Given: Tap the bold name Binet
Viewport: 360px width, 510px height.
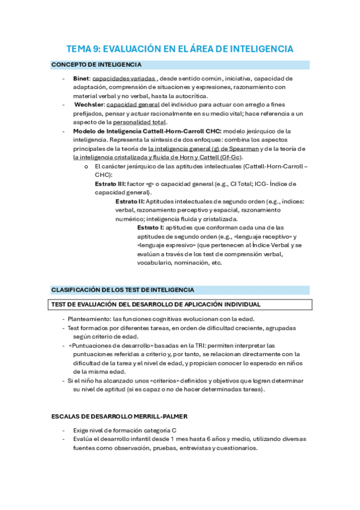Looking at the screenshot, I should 81,79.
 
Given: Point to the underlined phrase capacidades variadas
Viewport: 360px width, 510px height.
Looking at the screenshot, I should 124,79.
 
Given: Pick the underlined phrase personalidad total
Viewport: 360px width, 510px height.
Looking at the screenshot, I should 139,121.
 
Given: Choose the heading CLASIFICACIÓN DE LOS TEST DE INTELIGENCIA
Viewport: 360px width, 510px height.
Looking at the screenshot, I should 122,290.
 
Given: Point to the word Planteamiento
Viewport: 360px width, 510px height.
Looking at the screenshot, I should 89,319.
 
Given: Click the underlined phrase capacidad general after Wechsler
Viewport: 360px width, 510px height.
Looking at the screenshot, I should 133,104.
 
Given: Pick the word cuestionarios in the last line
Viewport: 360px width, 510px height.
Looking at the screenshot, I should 236,448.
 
